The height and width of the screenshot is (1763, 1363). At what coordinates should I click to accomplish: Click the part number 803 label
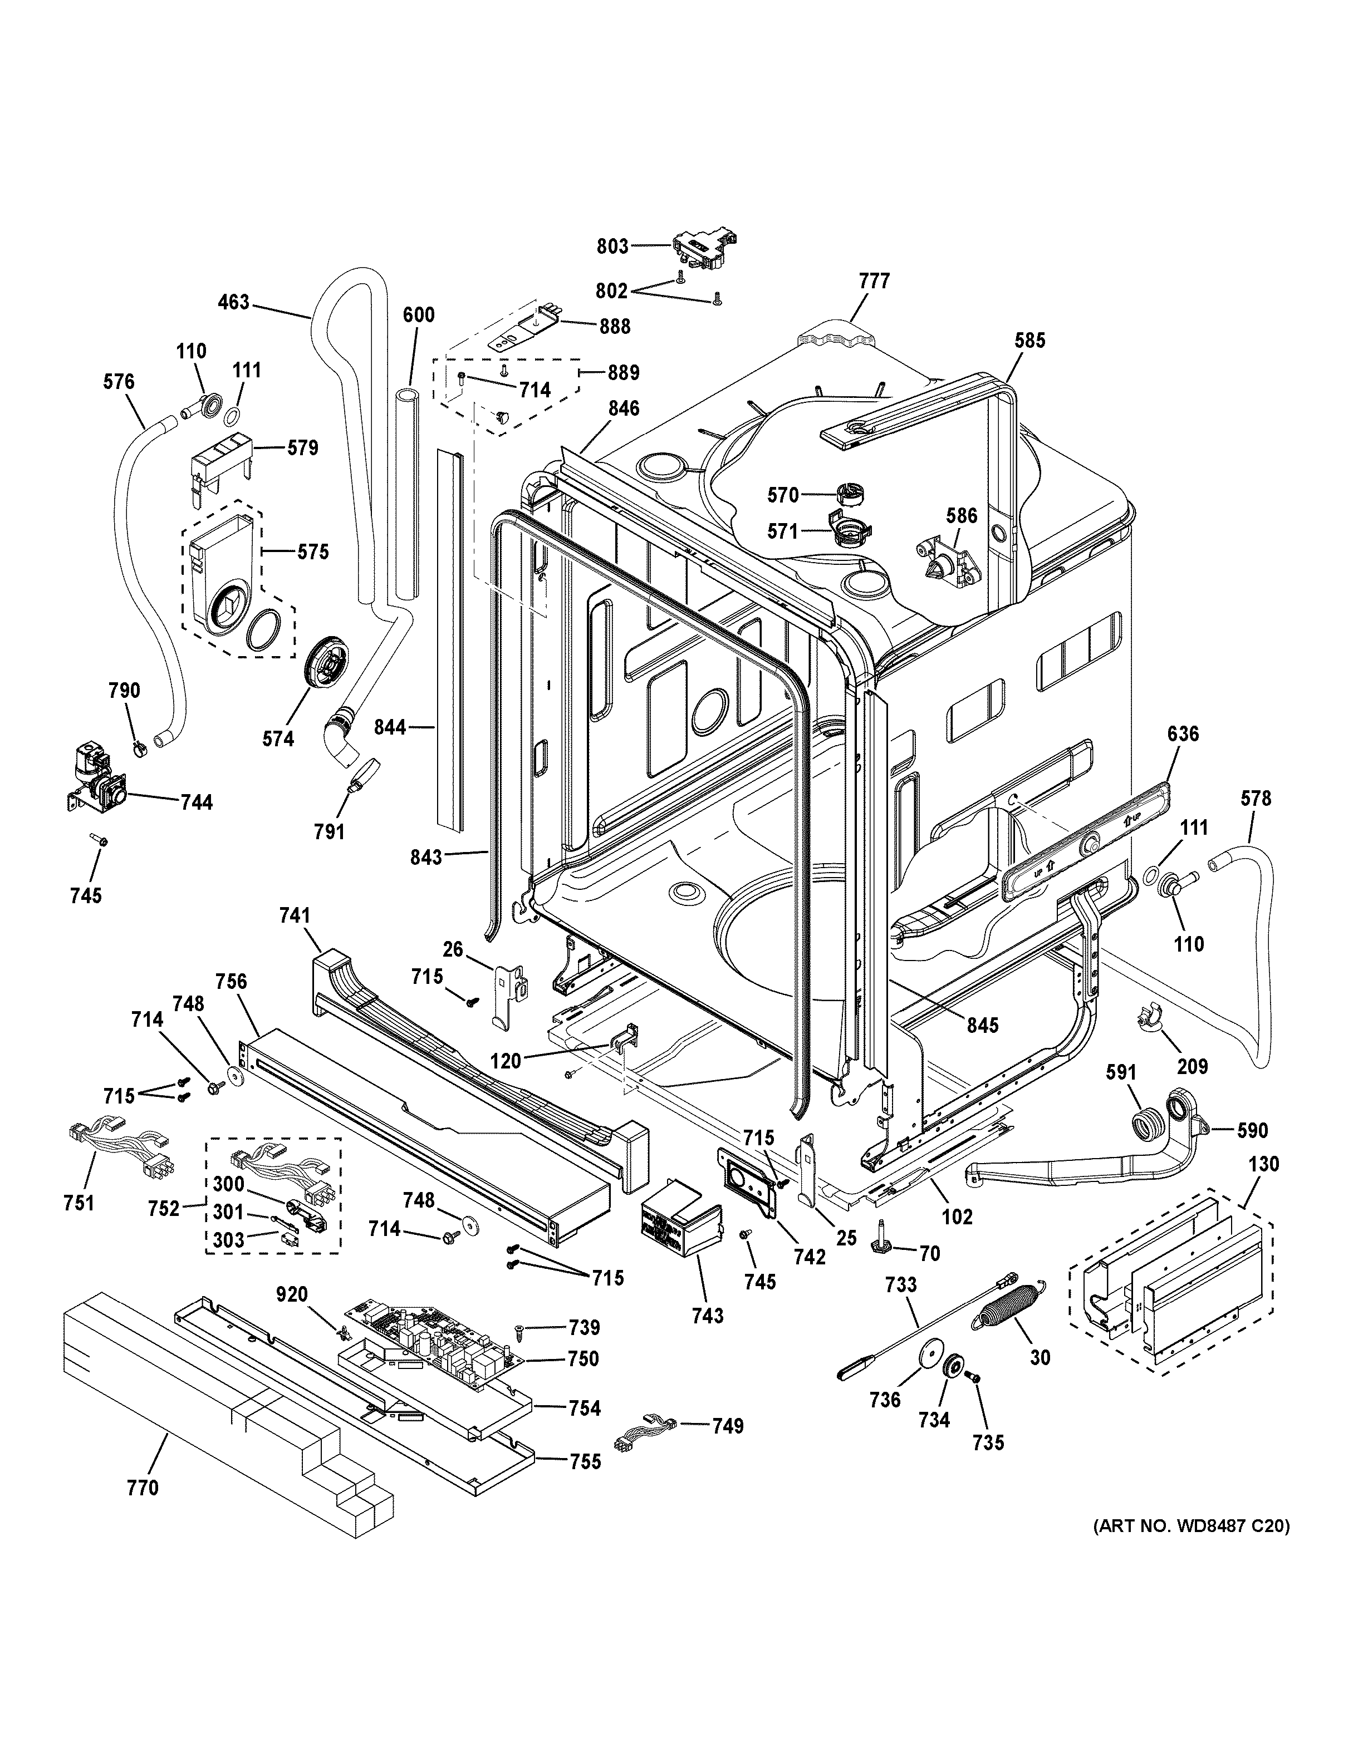(x=612, y=245)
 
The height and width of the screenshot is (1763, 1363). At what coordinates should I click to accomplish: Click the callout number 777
(x=875, y=281)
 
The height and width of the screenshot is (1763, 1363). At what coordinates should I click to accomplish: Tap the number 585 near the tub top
(x=1029, y=340)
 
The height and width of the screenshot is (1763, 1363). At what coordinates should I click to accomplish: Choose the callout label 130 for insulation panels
(x=1263, y=1164)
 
